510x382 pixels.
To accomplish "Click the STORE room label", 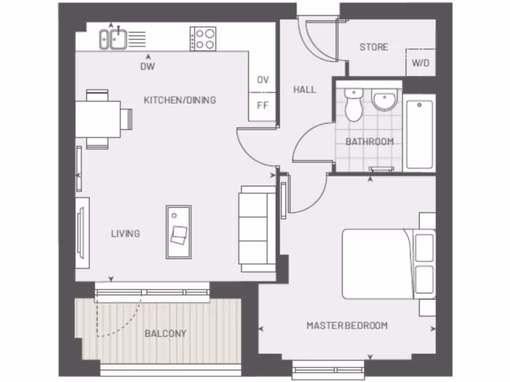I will point(374,47).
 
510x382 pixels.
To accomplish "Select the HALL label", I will point(304,90).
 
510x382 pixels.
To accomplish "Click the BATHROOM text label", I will point(370,142).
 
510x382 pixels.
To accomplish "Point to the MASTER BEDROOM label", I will point(347,326).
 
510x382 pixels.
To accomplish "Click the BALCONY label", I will point(165,333).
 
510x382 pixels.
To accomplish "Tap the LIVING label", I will point(125,233).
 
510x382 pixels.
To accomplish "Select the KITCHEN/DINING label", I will point(180,100).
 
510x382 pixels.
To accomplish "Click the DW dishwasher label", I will point(147,67).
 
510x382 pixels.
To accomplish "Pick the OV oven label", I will point(262,80).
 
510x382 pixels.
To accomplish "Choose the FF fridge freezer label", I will point(262,105).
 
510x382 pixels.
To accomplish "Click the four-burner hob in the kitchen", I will point(203,38).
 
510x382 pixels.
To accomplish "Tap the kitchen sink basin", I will point(118,39).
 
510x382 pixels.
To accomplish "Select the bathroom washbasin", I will point(384,100).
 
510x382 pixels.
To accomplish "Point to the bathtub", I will point(419,134).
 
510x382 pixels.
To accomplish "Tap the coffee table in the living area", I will point(178,232).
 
